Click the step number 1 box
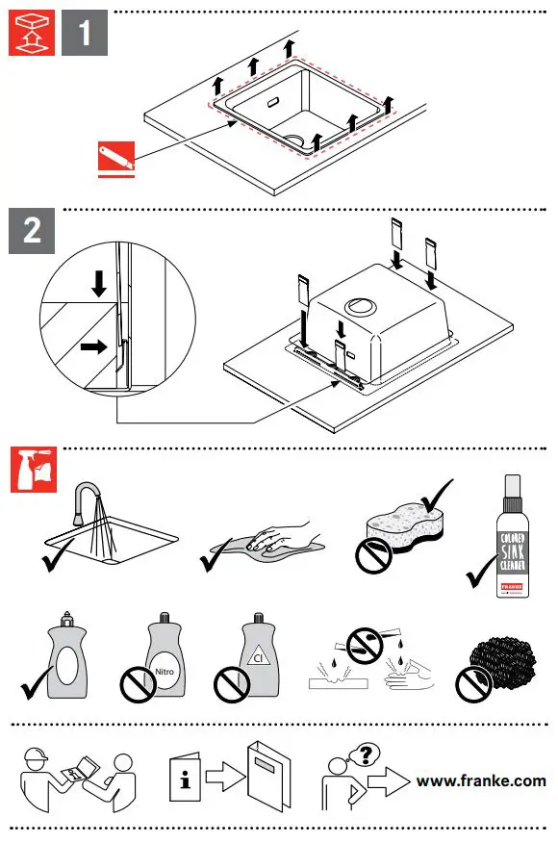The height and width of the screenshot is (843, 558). tap(85, 36)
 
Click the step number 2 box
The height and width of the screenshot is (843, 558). tap(32, 232)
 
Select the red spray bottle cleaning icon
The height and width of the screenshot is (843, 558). tap(32, 471)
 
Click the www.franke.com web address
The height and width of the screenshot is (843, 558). tap(480, 780)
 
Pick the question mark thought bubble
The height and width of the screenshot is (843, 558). tap(363, 754)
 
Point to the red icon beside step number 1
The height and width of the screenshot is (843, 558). tap(32, 36)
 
